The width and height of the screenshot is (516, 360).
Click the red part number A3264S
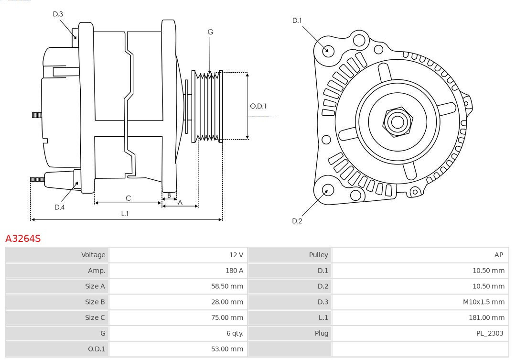(23, 238)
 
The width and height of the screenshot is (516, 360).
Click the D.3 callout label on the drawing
(58, 14)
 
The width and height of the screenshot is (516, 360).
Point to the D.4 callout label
(59, 207)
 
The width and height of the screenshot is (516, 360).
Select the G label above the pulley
(210, 32)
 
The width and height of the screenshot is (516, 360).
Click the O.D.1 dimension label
(258, 106)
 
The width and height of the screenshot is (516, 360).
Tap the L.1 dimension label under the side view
(125, 214)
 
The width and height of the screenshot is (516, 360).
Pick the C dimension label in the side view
(128, 198)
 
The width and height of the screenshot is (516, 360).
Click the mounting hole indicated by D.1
(328, 50)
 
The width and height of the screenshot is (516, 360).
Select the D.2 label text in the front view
(297, 221)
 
